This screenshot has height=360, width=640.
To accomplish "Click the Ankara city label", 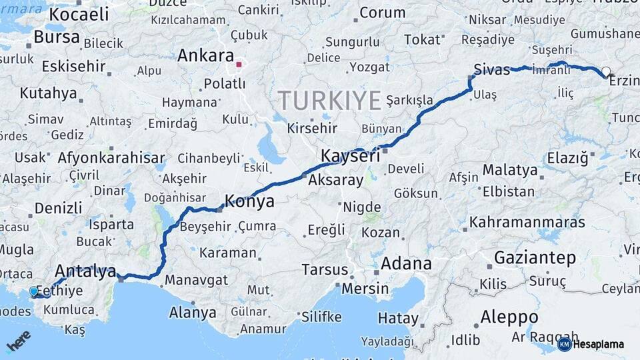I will click(x=205, y=56).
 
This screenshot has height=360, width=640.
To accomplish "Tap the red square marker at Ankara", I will click(x=239, y=65).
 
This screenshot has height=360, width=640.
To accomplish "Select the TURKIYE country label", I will click(x=329, y=100).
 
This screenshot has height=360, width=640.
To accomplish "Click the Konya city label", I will click(x=249, y=201).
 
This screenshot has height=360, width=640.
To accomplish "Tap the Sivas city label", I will click(x=491, y=69).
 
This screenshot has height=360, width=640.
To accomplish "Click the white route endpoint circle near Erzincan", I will click(x=605, y=71).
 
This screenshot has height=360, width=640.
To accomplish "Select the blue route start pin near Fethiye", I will click(x=34, y=291).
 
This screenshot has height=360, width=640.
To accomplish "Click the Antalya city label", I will click(x=85, y=271).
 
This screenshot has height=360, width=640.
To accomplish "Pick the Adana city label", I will click(x=406, y=263).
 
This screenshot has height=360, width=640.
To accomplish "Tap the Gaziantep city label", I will click(x=535, y=258).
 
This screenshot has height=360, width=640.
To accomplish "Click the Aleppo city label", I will click(x=509, y=316).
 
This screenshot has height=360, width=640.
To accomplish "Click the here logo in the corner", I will click(x=19, y=343).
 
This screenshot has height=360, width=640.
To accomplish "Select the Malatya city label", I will click(x=510, y=170).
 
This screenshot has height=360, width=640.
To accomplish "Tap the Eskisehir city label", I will click(x=74, y=67).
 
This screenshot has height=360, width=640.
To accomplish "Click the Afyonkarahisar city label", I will click(x=111, y=158).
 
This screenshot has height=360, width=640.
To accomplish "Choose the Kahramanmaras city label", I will click(x=527, y=222).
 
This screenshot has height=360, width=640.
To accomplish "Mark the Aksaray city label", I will click(x=336, y=180).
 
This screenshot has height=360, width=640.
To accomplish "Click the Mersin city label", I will click(x=365, y=289).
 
